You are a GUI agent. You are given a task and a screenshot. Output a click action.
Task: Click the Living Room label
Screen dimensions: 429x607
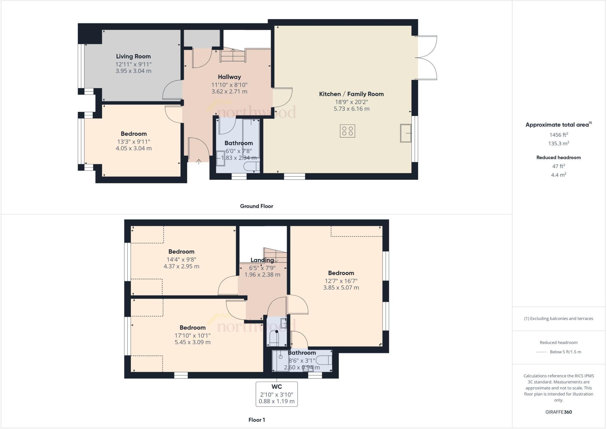tap(133, 56)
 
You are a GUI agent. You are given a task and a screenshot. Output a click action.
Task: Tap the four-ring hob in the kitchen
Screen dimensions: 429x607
tap(347, 131)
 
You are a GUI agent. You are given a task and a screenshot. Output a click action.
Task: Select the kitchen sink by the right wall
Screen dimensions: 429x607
tap(406, 133)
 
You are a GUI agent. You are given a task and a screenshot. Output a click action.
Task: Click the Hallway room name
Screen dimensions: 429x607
tap(229, 77)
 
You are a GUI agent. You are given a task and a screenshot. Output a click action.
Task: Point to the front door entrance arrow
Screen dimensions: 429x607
tap(199, 161)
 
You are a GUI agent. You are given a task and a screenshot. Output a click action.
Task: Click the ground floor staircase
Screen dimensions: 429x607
tap(233, 56)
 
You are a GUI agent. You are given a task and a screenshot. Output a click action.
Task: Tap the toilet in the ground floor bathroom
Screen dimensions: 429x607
tap(250, 167)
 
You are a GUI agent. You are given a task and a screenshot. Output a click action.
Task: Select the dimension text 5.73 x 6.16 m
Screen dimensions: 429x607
tap(351, 109)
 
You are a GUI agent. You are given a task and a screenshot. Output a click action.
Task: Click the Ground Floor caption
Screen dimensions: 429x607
tap(256, 206)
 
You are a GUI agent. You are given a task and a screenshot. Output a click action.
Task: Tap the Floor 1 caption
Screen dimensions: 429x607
tap(256, 420)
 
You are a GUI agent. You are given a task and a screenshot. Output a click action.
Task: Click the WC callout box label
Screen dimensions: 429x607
tap(277, 387)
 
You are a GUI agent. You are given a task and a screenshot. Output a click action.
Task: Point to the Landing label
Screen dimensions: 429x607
tap(262, 260)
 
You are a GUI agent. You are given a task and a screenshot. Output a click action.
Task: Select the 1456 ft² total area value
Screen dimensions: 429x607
tap(558, 135)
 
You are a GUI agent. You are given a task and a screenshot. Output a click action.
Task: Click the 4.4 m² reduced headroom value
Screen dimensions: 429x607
tap(558, 175)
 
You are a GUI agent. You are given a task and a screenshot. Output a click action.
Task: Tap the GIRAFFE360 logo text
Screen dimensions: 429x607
tap(558, 412)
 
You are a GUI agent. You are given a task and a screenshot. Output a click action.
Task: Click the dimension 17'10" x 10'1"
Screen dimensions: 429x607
tap(192, 335)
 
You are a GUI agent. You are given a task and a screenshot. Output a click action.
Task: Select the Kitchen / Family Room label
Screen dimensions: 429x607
tap(351, 94)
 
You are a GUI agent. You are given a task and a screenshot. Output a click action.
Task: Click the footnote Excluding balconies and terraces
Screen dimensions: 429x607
tap(558, 319)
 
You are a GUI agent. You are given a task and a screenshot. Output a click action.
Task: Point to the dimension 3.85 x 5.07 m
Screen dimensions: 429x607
tap(341, 288)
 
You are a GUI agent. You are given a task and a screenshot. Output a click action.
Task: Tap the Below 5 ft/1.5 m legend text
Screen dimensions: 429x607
tap(565, 352)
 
